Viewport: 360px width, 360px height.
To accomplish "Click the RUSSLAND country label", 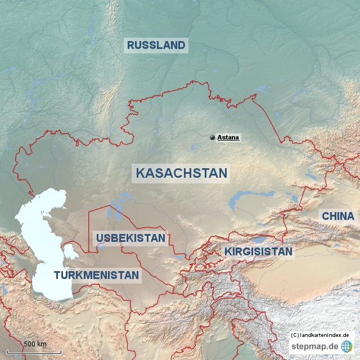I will [x=156, y=46].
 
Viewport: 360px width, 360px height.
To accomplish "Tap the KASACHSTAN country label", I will [x=181, y=173].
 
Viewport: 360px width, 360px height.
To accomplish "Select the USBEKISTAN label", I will [x=131, y=238].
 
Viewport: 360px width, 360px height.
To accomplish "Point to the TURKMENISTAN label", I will [x=96, y=275].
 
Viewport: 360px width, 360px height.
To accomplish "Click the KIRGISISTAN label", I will [x=258, y=251].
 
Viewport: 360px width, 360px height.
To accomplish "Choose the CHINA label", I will [x=337, y=216].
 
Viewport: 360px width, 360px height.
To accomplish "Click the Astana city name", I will [x=229, y=137].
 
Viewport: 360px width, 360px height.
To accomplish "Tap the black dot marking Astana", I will [x=212, y=137].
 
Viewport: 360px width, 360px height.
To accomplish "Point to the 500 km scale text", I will [x=35, y=344].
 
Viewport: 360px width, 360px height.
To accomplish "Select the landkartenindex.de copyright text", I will [x=321, y=335].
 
